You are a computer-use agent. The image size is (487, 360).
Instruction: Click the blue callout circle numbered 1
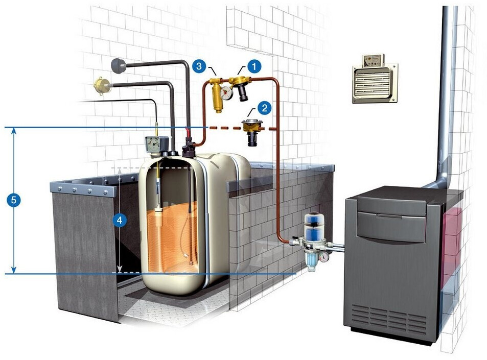pyautogui.click(x=254, y=65)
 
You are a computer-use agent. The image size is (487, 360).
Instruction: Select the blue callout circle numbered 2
pyautogui.click(x=264, y=107)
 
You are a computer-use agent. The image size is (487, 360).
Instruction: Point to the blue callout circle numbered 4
pyautogui.click(x=119, y=220)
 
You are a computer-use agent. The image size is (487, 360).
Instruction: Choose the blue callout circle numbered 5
pyautogui.click(x=14, y=200)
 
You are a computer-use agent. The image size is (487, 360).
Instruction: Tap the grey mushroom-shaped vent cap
pyautogui.click(x=119, y=65)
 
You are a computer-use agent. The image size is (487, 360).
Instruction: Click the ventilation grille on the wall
pyautogui.click(x=375, y=83)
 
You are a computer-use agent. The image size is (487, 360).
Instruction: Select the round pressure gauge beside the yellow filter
pyautogui.click(x=227, y=93)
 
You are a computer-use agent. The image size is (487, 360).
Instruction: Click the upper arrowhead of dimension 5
pyautogui.click(x=14, y=132)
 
